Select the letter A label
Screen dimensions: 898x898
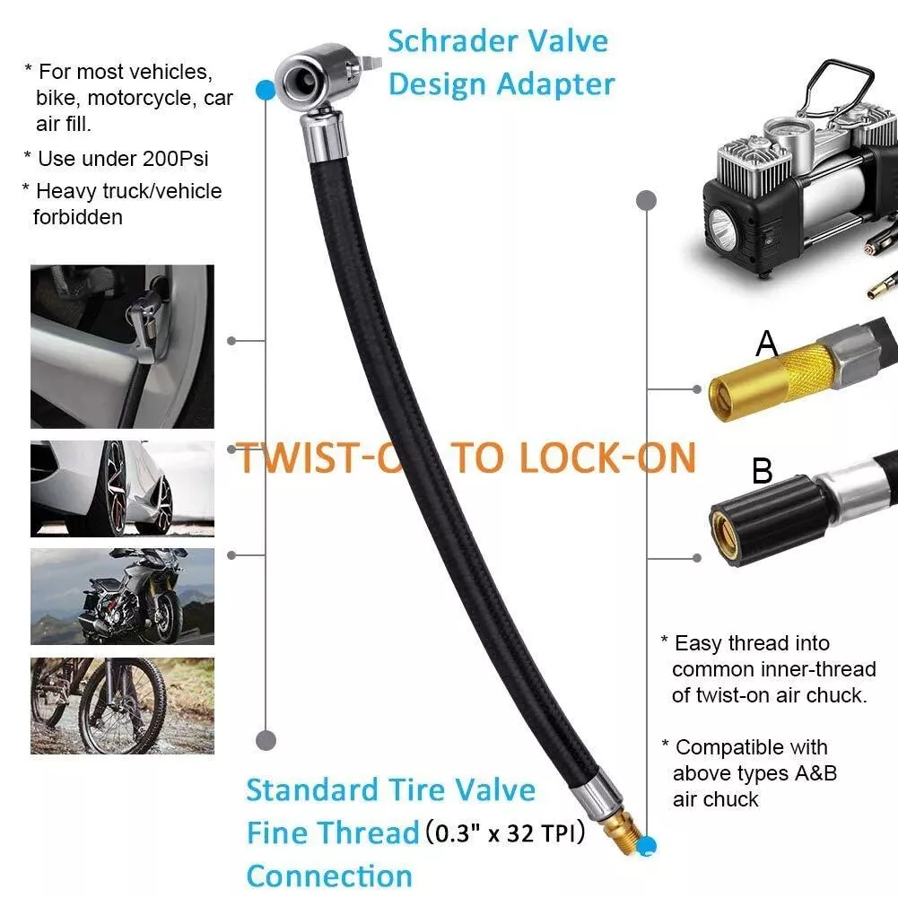point(766,344)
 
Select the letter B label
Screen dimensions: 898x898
point(763,471)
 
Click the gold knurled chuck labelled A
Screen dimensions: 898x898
point(771,382)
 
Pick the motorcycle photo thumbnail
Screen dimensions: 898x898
point(122,597)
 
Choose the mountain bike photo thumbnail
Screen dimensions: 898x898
point(122,705)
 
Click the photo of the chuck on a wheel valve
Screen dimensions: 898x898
point(122,346)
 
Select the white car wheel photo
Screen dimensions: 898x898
point(122,489)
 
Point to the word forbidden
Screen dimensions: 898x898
point(78,217)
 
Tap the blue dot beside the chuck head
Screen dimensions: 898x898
point(266,90)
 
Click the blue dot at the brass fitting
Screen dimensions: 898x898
point(647,846)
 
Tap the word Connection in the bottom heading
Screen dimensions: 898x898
point(329,876)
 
